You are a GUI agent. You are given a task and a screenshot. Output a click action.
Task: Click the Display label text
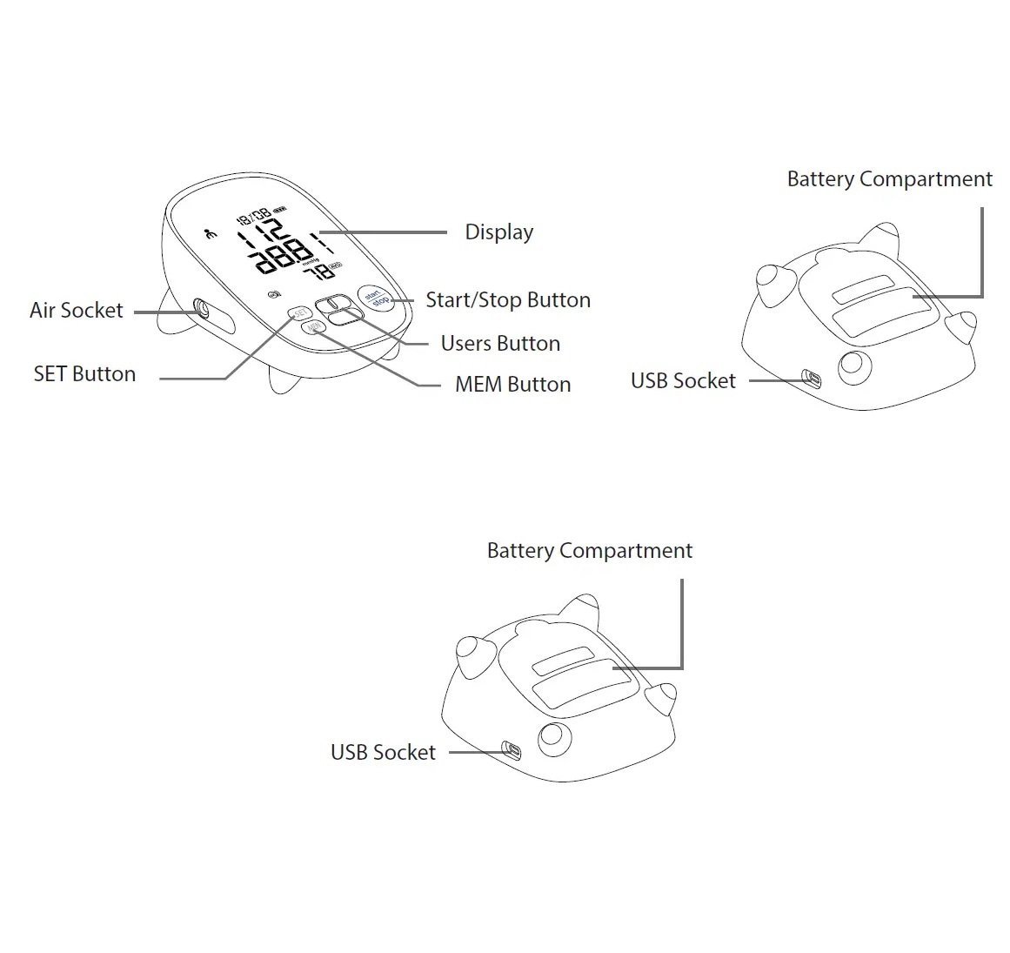coord(498,232)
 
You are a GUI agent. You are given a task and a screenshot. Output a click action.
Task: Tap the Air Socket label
coord(77,311)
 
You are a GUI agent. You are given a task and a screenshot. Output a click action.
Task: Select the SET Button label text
coord(84,374)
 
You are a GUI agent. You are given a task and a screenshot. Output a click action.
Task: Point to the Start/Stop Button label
coord(507,300)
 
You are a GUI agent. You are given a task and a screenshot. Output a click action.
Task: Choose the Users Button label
coord(500,344)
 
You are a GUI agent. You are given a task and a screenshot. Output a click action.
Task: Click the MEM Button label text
coord(512,385)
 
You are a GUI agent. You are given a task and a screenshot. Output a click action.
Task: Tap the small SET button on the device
coord(298,312)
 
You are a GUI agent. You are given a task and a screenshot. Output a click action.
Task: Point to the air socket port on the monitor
coord(202,307)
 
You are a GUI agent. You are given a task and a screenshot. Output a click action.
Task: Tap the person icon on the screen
coord(209,233)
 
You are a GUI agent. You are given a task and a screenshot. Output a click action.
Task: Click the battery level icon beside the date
coord(279,210)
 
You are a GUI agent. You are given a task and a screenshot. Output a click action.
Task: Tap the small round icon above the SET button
coord(275,293)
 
